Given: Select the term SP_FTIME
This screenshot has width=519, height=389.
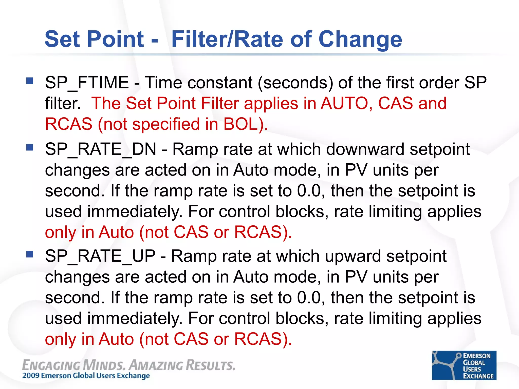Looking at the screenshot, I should coord(87,83).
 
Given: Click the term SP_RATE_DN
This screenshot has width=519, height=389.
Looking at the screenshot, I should coord(101,149).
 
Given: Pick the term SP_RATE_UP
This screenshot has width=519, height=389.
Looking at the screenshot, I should coord(100,256).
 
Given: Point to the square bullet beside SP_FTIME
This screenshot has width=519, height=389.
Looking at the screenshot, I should coord(30,81).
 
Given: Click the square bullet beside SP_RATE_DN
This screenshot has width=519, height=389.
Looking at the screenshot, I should coord(30,147).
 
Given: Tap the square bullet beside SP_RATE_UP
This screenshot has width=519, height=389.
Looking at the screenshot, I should coord(30,254).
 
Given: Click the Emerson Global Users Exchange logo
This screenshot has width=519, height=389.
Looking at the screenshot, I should coord(464,365).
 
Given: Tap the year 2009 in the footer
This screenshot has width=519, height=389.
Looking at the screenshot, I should coord(31,376).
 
